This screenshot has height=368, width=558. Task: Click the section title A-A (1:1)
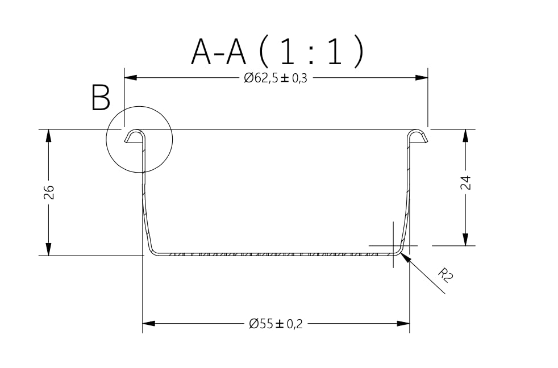277,52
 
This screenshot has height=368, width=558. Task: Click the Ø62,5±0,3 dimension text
276,78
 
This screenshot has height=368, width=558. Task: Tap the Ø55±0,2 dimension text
276,324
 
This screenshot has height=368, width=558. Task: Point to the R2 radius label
445,275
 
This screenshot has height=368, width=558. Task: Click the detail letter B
101,98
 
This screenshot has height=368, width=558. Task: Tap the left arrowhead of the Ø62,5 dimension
131,77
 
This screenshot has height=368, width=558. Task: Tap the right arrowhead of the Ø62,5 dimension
422,77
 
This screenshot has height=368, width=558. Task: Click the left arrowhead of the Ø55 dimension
149,324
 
